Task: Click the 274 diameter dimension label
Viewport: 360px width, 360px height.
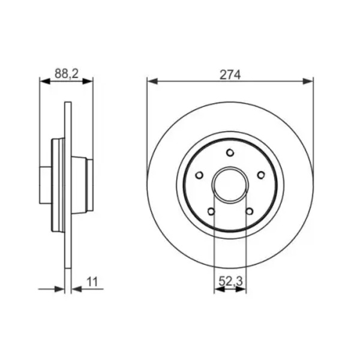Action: click(230, 74)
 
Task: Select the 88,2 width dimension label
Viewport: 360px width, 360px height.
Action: click(67, 74)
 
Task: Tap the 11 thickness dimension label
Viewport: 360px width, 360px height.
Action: click(92, 282)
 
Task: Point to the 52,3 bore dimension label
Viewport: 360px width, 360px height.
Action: click(230, 281)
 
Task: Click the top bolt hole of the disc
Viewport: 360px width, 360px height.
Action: click(230, 152)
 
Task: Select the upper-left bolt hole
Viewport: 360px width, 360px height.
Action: click(199, 175)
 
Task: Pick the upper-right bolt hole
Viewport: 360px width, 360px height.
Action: click(261, 175)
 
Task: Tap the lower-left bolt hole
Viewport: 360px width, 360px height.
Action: click(211, 211)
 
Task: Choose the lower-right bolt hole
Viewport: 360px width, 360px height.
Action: click(249, 211)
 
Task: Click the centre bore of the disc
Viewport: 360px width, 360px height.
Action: click(230, 184)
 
